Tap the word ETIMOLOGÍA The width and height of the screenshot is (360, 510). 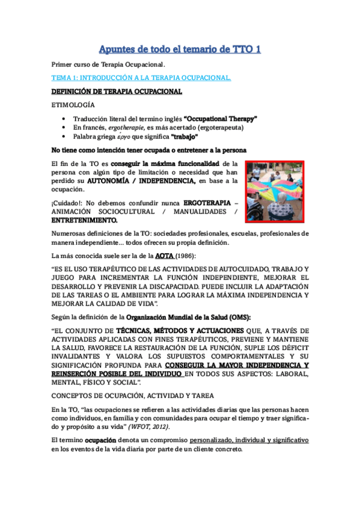tap(71, 105)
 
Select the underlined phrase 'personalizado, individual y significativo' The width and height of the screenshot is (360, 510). tap(257, 440)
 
